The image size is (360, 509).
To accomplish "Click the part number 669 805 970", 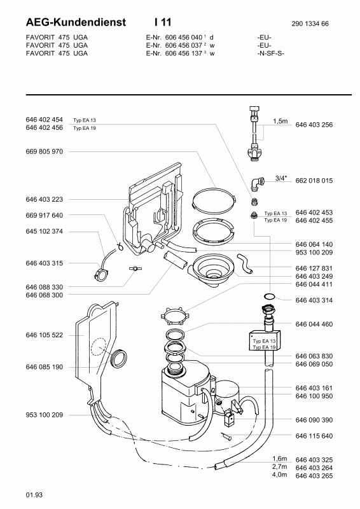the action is [x=44, y=151].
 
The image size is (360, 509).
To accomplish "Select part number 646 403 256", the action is [x=314, y=125].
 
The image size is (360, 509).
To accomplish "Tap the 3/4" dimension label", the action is [x=281, y=178].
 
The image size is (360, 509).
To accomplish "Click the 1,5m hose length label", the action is [x=280, y=122].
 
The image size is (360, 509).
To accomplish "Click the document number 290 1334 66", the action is [x=310, y=24].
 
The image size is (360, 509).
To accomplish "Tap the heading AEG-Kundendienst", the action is [x=76, y=22].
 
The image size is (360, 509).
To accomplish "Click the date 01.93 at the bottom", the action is [x=34, y=495].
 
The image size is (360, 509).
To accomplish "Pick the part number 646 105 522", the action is [x=44, y=335].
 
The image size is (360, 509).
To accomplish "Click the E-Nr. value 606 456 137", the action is [x=184, y=53].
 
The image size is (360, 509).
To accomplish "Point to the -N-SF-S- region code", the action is [x=270, y=53].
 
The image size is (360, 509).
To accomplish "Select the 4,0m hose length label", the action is [x=279, y=475].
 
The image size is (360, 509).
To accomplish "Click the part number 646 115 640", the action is [x=314, y=436].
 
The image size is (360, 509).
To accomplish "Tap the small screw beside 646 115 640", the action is [x=226, y=436].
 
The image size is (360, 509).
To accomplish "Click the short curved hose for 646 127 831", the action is [x=246, y=263].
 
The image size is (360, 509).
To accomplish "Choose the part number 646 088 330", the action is [x=44, y=288].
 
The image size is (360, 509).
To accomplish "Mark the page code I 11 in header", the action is [x=163, y=22].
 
